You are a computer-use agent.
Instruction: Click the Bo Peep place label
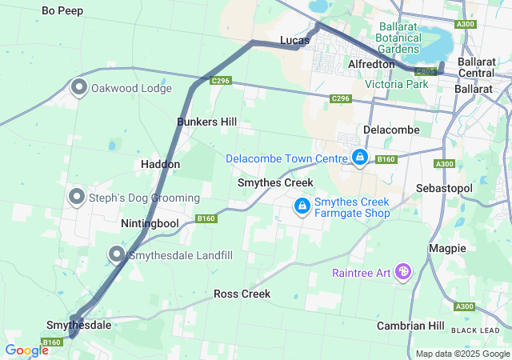62,11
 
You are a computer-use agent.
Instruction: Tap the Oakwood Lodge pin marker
79,87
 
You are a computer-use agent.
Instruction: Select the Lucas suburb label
294,40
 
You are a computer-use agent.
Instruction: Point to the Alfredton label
371,64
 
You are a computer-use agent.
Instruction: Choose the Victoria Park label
397,84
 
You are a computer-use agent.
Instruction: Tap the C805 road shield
426,72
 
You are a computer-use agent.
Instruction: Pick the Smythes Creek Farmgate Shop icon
302,206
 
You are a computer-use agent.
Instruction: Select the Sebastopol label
445,187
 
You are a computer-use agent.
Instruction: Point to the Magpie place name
447,248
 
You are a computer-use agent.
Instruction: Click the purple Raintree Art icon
403,273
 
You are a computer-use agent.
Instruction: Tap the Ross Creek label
242,294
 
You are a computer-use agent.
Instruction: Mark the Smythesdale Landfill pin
117,255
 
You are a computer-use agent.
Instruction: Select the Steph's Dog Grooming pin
78,196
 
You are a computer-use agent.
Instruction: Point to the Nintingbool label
150,223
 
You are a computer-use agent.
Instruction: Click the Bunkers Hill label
206,122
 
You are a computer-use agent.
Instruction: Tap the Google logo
26,350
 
